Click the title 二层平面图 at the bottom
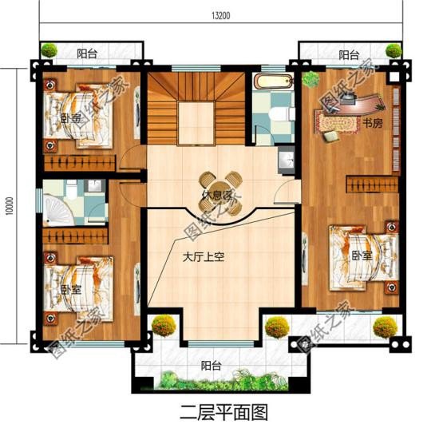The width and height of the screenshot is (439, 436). click(219, 413)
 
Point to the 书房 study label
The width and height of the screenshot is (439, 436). click(372, 124)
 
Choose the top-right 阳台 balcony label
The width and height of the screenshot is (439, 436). click(348, 55)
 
